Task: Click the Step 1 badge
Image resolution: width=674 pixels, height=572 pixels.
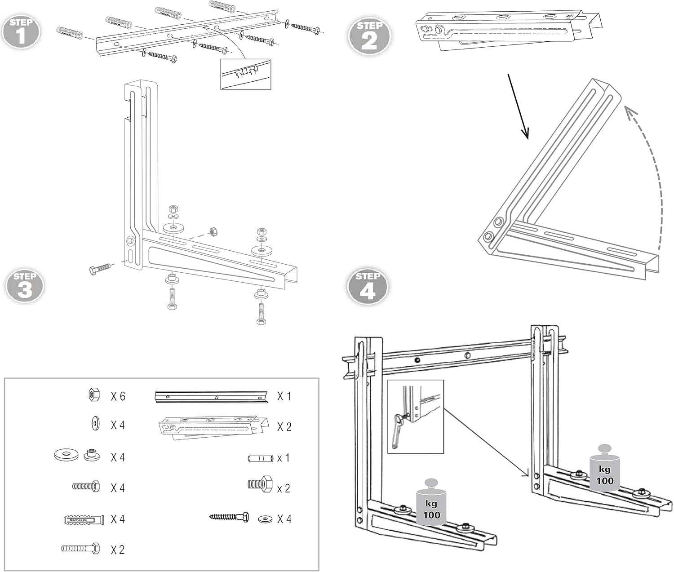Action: pos(21,32)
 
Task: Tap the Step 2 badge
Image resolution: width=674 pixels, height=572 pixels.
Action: pos(369,35)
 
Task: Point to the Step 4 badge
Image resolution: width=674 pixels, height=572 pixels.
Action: pos(368,286)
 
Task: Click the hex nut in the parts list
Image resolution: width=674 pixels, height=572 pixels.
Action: pos(94,395)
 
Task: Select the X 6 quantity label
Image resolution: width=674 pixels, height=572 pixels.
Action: pos(118,396)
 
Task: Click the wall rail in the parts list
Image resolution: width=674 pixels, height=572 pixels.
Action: pos(211,397)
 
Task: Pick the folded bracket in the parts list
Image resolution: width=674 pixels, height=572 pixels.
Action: pos(213,427)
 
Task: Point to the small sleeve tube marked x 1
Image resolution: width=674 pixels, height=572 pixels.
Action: pos(261,459)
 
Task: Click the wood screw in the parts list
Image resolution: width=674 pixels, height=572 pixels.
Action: pos(229,518)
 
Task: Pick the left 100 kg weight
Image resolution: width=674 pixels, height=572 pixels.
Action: pos(431,503)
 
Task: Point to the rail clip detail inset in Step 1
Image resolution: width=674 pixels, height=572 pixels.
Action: pos(245,74)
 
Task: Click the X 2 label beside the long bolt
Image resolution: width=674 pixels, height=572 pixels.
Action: pos(118,550)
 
